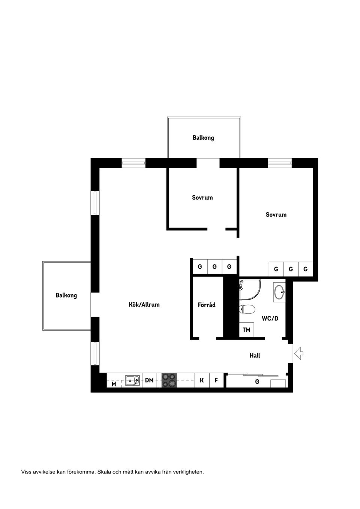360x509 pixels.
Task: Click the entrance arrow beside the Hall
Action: point(299,353)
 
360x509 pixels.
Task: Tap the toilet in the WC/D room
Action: point(247,309)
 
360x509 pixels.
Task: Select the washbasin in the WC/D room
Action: point(279,292)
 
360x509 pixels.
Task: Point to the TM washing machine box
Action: point(246,330)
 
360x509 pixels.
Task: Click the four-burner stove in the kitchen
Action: point(169,380)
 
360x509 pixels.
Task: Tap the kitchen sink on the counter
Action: point(132,380)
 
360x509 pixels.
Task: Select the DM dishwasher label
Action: point(149,380)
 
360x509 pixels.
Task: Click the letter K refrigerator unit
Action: point(202,380)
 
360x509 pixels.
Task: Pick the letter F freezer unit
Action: point(216,380)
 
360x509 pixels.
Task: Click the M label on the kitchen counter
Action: point(114,384)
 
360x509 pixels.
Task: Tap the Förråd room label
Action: point(207,305)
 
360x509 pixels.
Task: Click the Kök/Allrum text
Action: point(144,305)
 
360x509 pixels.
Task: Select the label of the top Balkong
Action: point(203,138)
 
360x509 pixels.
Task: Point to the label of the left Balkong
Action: point(66,295)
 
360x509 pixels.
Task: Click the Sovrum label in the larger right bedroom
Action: point(276,215)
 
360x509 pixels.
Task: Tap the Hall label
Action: point(255,355)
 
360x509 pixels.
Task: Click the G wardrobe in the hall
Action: point(257,382)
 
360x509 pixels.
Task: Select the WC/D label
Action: point(270,319)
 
